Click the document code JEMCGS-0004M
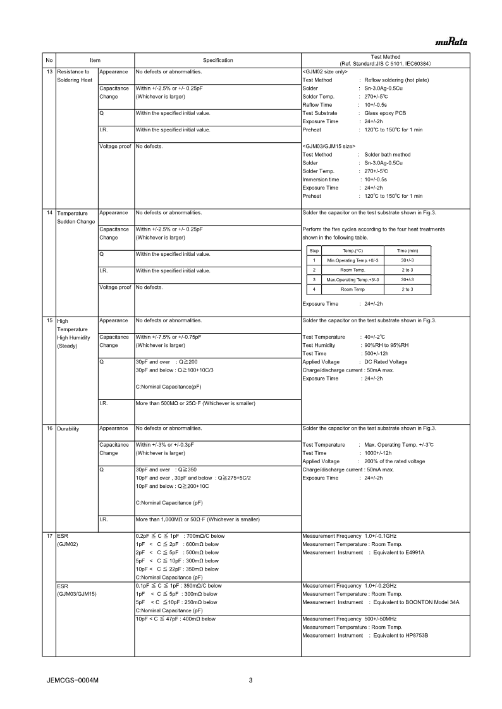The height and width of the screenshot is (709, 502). point(73,681)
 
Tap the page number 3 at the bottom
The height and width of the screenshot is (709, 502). point(250,681)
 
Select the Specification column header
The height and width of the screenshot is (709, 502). point(217,61)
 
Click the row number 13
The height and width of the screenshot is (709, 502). point(49,72)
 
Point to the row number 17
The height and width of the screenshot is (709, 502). point(49,535)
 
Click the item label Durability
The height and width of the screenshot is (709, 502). point(68,428)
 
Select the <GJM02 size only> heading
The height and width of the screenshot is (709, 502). point(325,72)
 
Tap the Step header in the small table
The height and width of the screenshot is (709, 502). point(314,251)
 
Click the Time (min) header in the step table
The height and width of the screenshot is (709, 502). point(407,251)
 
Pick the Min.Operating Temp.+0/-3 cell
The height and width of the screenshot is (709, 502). point(352,260)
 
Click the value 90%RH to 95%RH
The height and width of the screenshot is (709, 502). point(387,345)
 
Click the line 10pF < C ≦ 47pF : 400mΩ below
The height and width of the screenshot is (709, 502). point(176,619)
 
